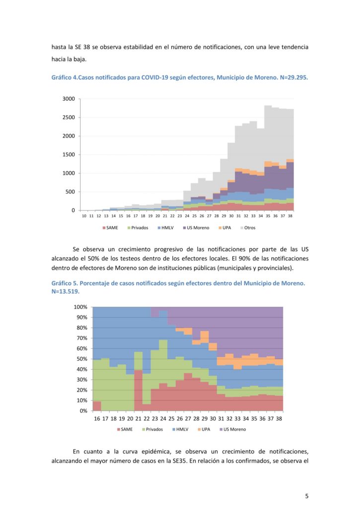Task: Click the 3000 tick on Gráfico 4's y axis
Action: [x=69, y=99]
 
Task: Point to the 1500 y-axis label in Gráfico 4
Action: [x=69, y=155]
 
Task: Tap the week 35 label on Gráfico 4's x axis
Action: [x=268, y=216]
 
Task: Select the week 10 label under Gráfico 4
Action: [x=84, y=216]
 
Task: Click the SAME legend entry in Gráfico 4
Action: [x=110, y=228]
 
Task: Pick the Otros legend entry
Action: [x=248, y=228]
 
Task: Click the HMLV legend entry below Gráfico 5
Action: [x=180, y=429]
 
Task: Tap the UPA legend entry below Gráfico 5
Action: [x=204, y=429]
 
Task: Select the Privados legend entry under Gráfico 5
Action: [x=152, y=429]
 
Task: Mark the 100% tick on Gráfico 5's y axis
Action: [x=80, y=307]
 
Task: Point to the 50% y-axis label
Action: [x=82, y=359]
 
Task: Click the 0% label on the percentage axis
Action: [x=83, y=411]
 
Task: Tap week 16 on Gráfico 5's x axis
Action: [x=97, y=419]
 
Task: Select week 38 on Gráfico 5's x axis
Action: [x=279, y=419]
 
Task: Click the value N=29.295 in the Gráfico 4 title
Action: [x=294, y=78]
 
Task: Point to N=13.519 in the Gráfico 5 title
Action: [x=65, y=291]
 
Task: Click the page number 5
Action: [x=307, y=496]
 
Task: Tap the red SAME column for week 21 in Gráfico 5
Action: [x=139, y=390]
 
